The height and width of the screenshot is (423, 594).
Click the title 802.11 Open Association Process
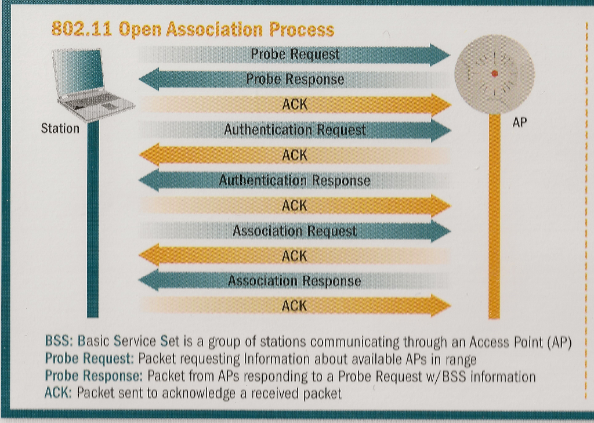pos(193,29)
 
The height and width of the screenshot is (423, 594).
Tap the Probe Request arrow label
pos(295,55)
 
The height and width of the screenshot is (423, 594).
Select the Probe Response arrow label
pos(295,79)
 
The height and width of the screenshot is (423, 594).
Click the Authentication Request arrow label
pos(295,130)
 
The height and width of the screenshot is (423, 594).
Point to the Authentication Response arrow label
pos(295,181)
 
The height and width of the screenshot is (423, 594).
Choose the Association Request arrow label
pos(295,232)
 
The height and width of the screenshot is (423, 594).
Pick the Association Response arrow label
pos(295,281)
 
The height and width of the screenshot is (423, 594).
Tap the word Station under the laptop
pos(60,129)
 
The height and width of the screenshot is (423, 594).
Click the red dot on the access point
pos(494,73)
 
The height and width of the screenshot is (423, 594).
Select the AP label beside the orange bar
pos(519,122)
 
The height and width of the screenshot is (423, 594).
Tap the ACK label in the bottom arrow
pos(295,306)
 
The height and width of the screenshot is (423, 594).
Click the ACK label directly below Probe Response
pos(295,105)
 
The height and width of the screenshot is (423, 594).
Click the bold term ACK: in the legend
pos(59,393)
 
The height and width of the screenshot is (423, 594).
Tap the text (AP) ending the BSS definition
pos(560,342)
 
